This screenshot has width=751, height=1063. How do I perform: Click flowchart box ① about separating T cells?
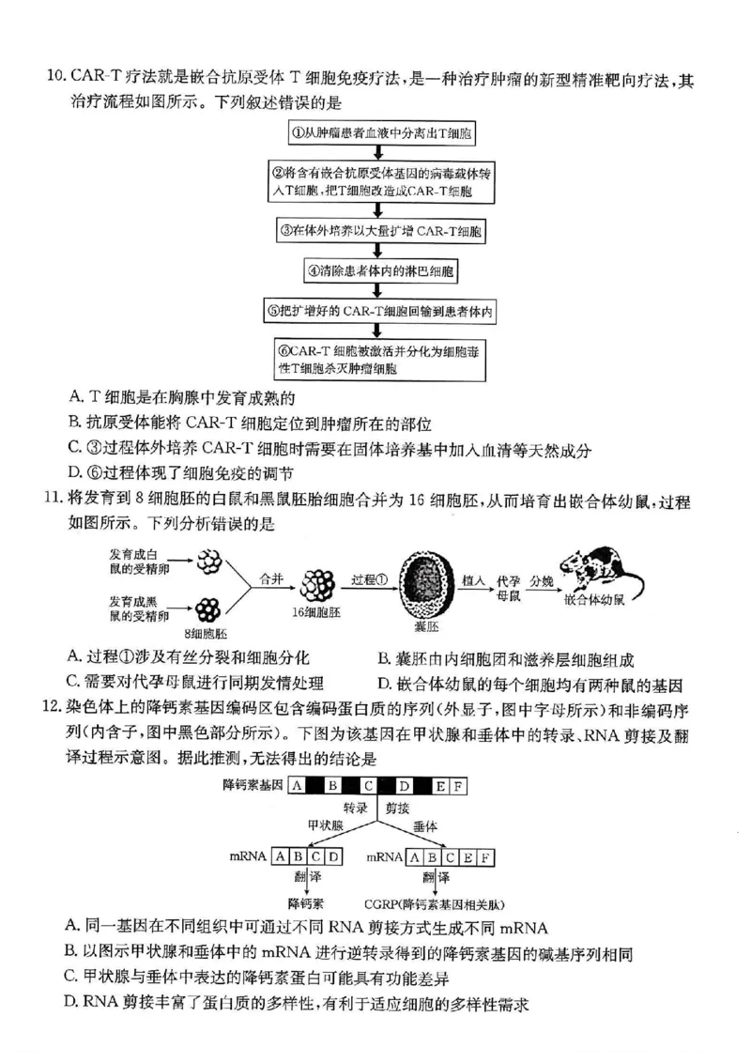click(376, 133)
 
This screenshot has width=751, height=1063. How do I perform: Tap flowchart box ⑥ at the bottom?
click(376, 361)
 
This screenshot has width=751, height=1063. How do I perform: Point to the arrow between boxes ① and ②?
click(376, 152)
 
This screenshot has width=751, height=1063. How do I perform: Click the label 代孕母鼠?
click(508, 589)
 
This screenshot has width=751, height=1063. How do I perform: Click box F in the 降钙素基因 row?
click(458, 786)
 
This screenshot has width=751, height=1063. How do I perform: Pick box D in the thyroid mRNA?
click(333, 856)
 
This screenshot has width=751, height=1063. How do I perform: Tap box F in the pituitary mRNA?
click(485, 856)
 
